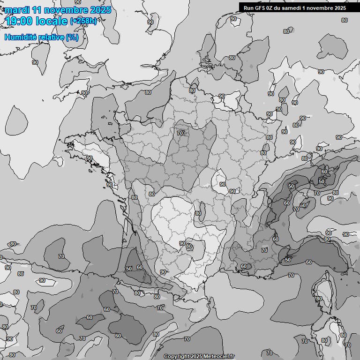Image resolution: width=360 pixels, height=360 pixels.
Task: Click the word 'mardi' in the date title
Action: click(16, 10)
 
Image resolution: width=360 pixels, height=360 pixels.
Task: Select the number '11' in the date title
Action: click(36, 10)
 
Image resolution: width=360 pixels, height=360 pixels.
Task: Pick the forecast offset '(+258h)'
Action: click(83, 21)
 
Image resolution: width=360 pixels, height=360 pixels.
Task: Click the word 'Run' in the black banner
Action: click(249, 7)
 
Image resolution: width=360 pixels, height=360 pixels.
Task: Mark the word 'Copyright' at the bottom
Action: click(177, 357)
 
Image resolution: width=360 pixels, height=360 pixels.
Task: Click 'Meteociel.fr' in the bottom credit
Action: click(219, 357)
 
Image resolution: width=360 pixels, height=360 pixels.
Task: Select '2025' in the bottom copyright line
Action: click(197, 357)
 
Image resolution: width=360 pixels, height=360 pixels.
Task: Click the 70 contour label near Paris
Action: click(180, 133)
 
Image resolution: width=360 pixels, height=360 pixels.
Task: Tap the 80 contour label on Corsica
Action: click(319, 299)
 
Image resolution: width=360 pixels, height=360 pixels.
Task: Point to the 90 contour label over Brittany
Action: click(89, 158)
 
